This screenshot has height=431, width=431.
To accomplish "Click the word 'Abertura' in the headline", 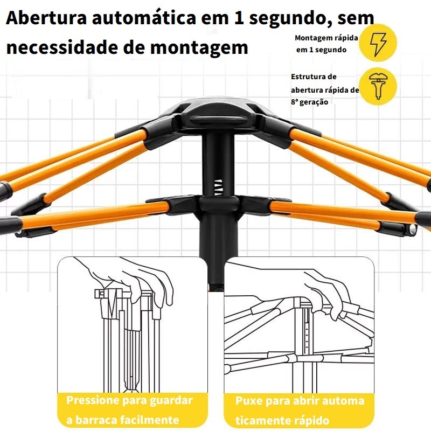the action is click(46, 18).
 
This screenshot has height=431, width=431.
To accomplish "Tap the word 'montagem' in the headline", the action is click(199, 48).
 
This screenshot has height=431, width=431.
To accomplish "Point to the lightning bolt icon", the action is click(378, 44).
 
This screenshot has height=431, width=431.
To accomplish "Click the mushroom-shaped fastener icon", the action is click(378, 86).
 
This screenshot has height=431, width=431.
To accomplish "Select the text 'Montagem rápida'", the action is click(326, 38).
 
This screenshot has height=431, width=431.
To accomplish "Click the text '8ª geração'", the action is click(309, 102).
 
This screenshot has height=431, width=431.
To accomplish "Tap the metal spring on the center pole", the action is click(218, 187).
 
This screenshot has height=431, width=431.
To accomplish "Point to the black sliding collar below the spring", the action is click(219, 204).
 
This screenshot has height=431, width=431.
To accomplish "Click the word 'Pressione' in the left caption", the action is click(93, 400).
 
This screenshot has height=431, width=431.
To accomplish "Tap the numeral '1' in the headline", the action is click(238, 18).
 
